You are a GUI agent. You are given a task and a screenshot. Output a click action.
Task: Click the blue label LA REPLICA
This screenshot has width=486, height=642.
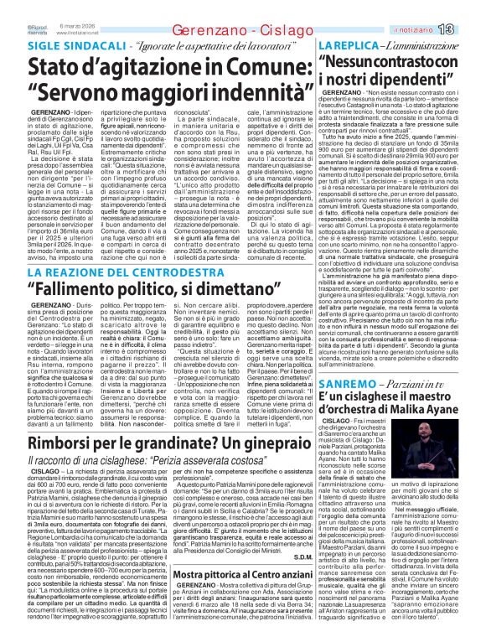click(344, 44)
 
